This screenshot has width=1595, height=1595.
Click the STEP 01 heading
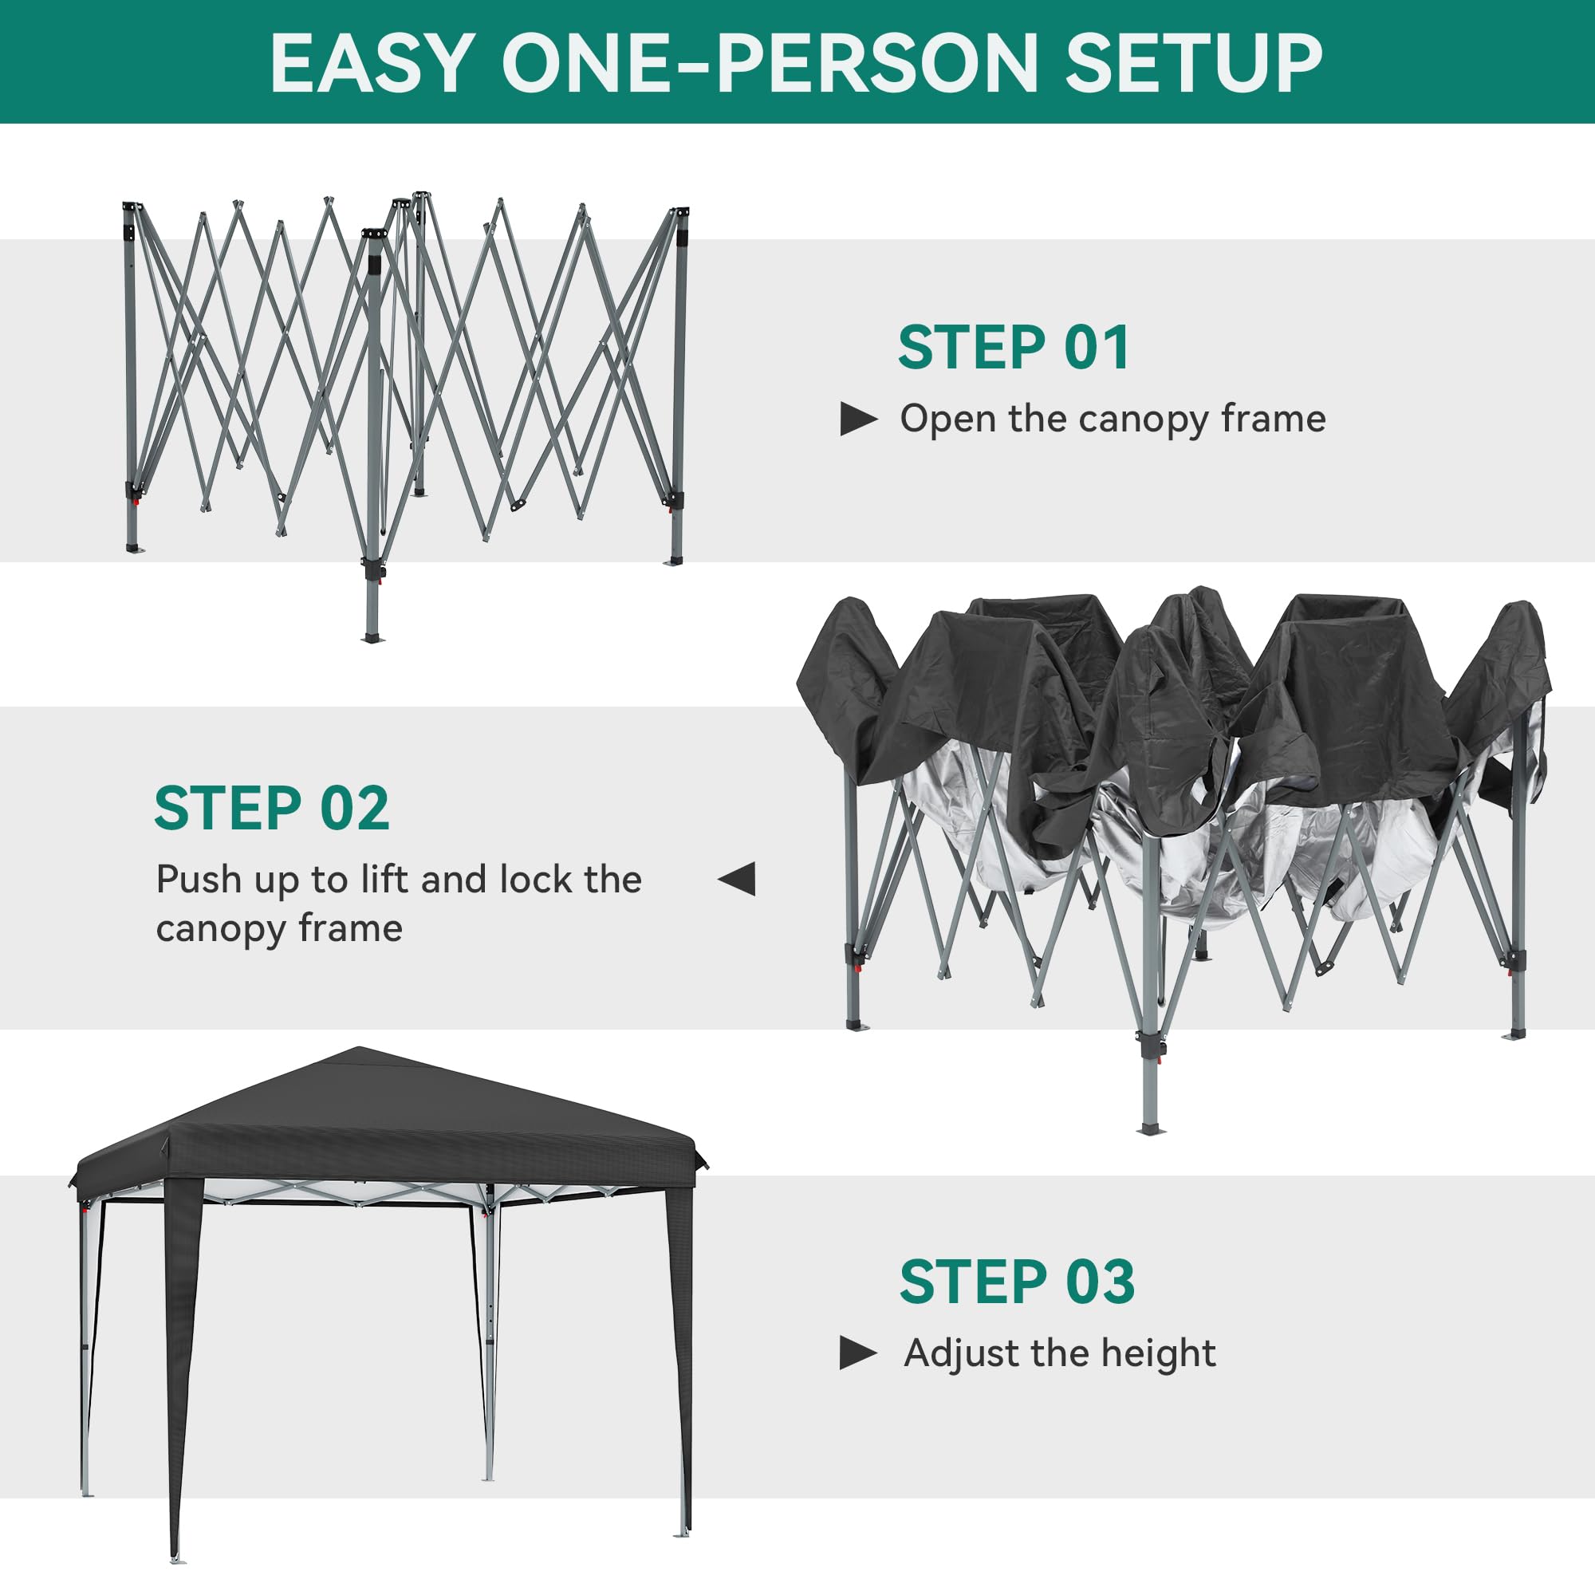(1014, 348)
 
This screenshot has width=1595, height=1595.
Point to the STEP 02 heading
(272, 808)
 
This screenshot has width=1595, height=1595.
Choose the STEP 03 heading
(1017, 1282)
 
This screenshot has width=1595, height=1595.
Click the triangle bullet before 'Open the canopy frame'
(858, 419)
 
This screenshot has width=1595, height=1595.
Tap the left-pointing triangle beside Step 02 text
(737, 878)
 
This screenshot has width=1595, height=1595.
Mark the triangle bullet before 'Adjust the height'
(858, 1353)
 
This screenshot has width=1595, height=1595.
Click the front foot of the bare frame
(372, 637)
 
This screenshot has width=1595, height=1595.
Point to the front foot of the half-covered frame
(1150, 1128)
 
